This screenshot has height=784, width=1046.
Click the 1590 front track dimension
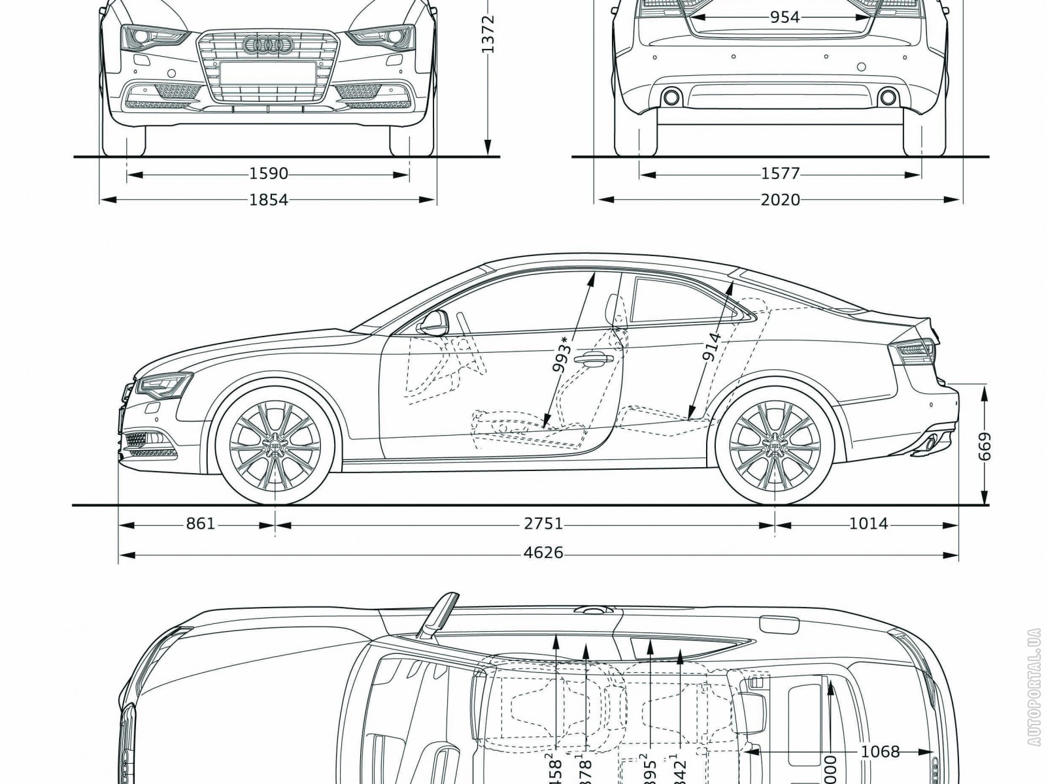coord(269,174)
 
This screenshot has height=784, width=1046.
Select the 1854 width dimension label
coord(269,199)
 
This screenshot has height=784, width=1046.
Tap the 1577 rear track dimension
coord(781,174)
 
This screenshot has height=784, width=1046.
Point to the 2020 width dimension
coord(781,199)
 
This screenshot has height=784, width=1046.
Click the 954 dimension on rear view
coord(785,18)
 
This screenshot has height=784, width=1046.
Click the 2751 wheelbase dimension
coord(543,524)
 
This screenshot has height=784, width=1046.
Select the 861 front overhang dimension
coord(201,524)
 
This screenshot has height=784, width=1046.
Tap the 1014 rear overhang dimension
coord(869,524)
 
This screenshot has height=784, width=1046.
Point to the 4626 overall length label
coord(543,553)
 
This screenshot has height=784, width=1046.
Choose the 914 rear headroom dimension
coord(712,348)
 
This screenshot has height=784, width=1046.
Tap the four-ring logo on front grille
coord(266,44)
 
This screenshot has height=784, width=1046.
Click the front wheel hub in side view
coord(275,444)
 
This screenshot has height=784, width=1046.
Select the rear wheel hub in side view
coord(775,444)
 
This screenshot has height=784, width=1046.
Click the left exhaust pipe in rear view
coord(671,98)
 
